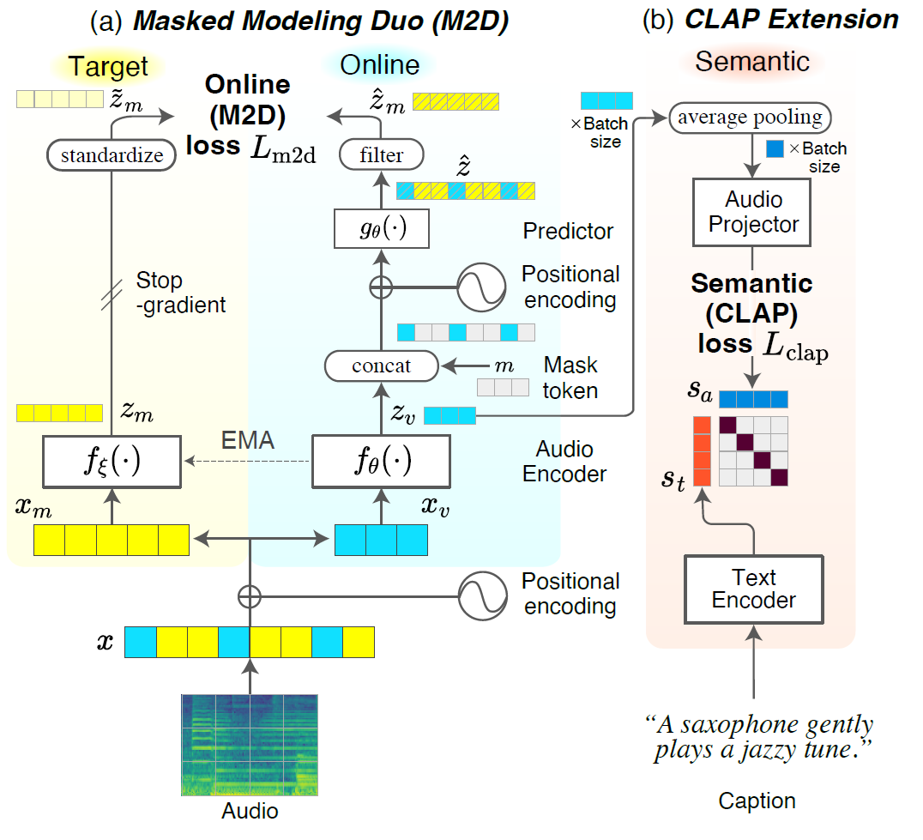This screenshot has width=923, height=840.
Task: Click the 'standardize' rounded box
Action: point(112,155)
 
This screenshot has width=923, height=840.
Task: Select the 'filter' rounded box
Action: point(382,155)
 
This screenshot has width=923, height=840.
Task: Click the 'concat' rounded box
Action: point(382,366)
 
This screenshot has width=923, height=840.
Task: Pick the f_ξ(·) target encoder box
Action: point(112,462)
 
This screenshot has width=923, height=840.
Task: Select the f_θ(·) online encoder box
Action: point(381,462)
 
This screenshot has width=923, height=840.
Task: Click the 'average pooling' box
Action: point(751,118)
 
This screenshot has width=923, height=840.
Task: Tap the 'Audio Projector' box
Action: point(754,212)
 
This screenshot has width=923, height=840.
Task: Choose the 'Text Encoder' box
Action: point(754,589)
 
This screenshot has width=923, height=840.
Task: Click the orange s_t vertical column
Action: point(701,451)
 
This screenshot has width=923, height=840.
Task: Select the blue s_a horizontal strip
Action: point(752,399)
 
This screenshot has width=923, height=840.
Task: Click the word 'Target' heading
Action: point(108,66)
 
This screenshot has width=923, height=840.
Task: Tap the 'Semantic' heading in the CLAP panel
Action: point(751,62)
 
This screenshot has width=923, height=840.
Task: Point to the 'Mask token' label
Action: point(570,378)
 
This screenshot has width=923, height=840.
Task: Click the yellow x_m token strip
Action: point(112,541)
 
